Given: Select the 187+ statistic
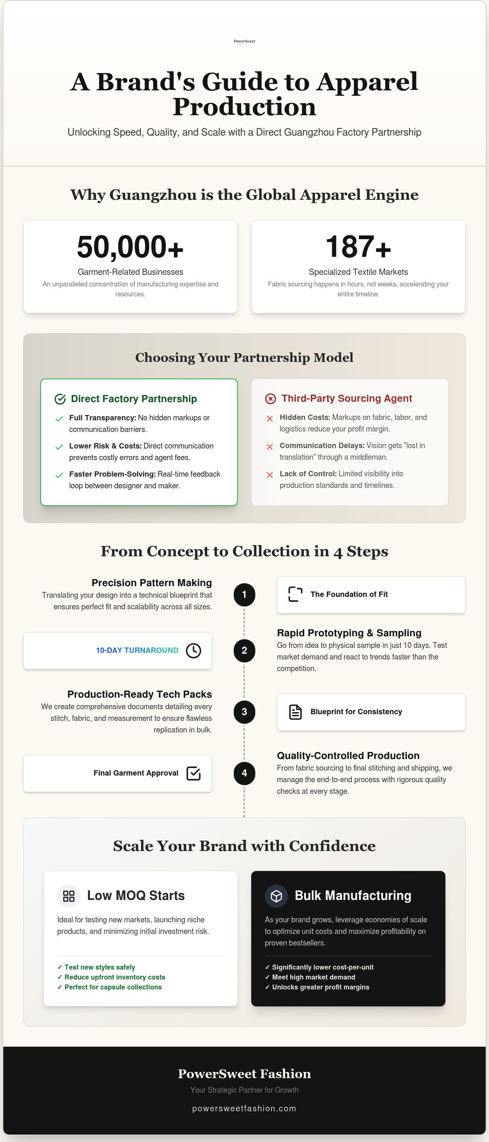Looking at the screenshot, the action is pyautogui.click(x=358, y=247).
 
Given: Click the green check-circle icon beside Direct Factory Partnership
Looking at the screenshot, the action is pyautogui.click(x=60, y=399).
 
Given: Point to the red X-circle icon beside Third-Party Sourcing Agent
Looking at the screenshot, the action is pyautogui.click(x=271, y=398).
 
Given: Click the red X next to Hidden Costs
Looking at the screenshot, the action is pyautogui.click(x=269, y=419).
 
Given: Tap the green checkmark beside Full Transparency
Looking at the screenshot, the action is pyautogui.click(x=59, y=419).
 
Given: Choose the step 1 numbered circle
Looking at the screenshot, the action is pyautogui.click(x=244, y=594).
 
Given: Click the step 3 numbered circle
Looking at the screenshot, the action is pyautogui.click(x=244, y=712).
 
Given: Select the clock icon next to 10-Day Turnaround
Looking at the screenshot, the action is pyautogui.click(x=193, y=650).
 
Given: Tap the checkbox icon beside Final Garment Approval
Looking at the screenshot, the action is pyautogui.click(x=193, y=773).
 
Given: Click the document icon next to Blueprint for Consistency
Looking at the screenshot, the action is pyautogui.click(x=295, y=712).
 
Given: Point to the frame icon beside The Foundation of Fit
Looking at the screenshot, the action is pyautogui.click(x=295, y=594).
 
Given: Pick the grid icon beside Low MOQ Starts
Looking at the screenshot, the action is pyautogui.click(x=69, y=896).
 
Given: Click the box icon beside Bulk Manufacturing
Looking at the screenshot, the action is pyautogui.click(x=276, y=896).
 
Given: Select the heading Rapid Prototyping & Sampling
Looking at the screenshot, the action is pyautogui.click(x=349, y=633).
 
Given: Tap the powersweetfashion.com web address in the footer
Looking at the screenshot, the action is pyautogui.click(x=244, y=1108).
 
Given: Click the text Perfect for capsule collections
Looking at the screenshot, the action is pyautogui.click(x=113, y=987).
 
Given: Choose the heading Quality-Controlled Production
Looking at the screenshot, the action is pyautogui.click(x=348, y=755).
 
